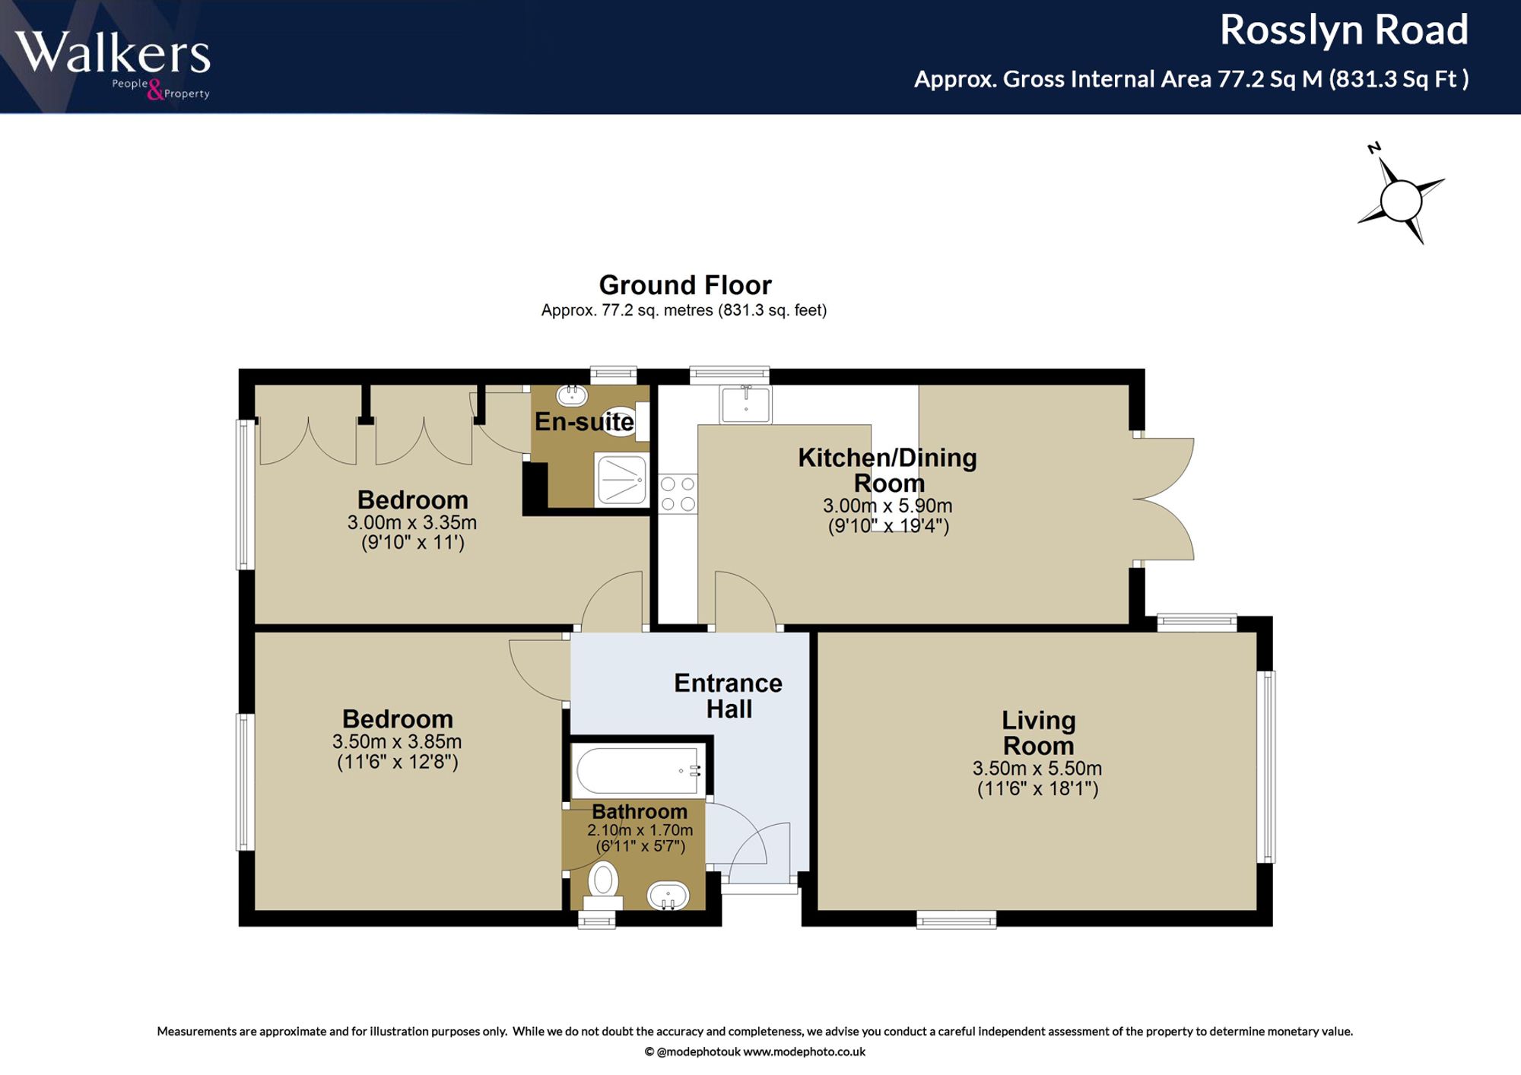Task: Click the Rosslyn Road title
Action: click(x=1344, y=30)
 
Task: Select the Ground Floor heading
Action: click(x=685, y=285)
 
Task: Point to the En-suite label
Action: click(x=584, y=421)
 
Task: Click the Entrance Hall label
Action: click(x=729, y=696)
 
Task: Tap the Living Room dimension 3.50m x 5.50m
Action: click(x=1037, y=769)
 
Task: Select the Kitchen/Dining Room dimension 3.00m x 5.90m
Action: click(x=888, y=506)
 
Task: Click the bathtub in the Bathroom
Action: click(x=639, y=770)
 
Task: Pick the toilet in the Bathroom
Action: click(x=603, y=886)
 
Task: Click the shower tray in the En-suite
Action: click(x=622, y=480)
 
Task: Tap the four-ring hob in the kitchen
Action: click(x=678, y=493)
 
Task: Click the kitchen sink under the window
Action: click(x=746, y=404)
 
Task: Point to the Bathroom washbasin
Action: click(x=668, y=896)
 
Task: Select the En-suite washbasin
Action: click(x=572, y=395)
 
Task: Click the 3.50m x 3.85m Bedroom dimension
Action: click(x=397, y=741)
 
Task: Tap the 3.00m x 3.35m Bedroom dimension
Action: click(x=412, y=523)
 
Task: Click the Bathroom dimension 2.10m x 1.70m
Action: click(x=640, y=830)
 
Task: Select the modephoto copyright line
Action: click(x=754, y=1052)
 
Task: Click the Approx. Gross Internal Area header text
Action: click(x=1192, y=79)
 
